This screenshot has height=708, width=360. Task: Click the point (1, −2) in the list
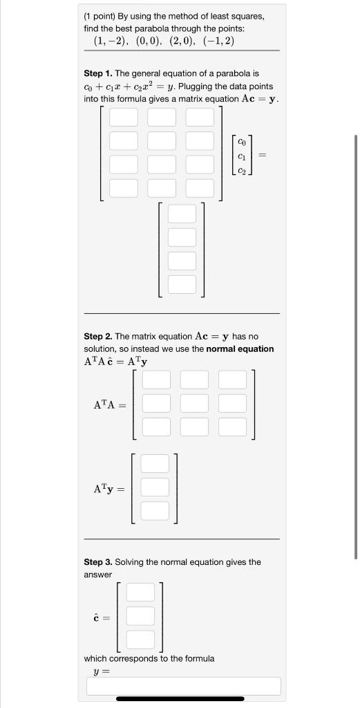[111, 41]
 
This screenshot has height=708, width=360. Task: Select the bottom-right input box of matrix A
[199, 188]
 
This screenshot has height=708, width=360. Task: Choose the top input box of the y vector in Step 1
[182, 214]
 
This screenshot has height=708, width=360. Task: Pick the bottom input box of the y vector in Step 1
[182, 284]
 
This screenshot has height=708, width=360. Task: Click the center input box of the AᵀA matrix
[194, 403]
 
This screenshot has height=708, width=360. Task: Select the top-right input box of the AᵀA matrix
[232, 380]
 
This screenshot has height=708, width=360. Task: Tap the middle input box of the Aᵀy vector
[155, 487]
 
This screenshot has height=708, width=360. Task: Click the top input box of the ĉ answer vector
[140, 593]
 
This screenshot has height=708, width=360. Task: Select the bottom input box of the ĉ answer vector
[140, 640]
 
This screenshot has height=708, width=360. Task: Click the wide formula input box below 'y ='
[183, 686]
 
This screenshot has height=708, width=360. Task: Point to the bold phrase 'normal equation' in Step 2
[240, 349]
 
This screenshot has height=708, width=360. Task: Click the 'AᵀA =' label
[110, 404]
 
